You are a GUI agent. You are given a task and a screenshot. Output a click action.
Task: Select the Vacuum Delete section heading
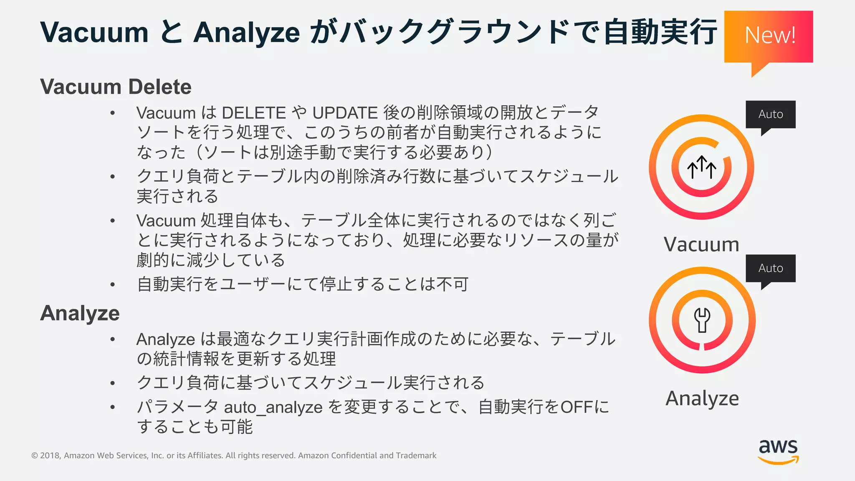pos(116,87)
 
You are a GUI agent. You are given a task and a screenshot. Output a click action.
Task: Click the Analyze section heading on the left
pos(80,313)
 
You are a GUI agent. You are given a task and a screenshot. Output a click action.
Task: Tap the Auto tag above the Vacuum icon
pos(770,114)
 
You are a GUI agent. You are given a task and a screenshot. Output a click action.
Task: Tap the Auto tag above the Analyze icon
pos(770,268)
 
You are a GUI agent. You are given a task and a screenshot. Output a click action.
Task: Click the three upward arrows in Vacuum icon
pos(702,167)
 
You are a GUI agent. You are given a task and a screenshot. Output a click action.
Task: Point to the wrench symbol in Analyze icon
pos(702,320)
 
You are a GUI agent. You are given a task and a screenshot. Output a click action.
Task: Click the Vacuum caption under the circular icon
pos(701,244)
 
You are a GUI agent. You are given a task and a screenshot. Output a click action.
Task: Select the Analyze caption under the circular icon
pos(702,398)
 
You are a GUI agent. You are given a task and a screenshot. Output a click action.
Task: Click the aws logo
pos(778,451)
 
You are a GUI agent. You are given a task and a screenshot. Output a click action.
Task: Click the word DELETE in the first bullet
pos(254,113)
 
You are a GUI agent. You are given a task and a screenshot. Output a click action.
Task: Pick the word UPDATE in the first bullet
pos(345,113)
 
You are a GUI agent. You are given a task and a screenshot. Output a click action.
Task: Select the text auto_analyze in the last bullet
pos(273,407)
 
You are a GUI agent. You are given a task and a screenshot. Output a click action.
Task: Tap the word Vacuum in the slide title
pos(94,33)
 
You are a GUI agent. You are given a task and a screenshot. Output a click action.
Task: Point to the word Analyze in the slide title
pos(246,33)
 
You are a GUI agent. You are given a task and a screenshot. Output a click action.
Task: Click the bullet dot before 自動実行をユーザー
pos(112,285)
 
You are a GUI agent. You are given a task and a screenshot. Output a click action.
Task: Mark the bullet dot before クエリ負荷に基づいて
pos(112,383)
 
